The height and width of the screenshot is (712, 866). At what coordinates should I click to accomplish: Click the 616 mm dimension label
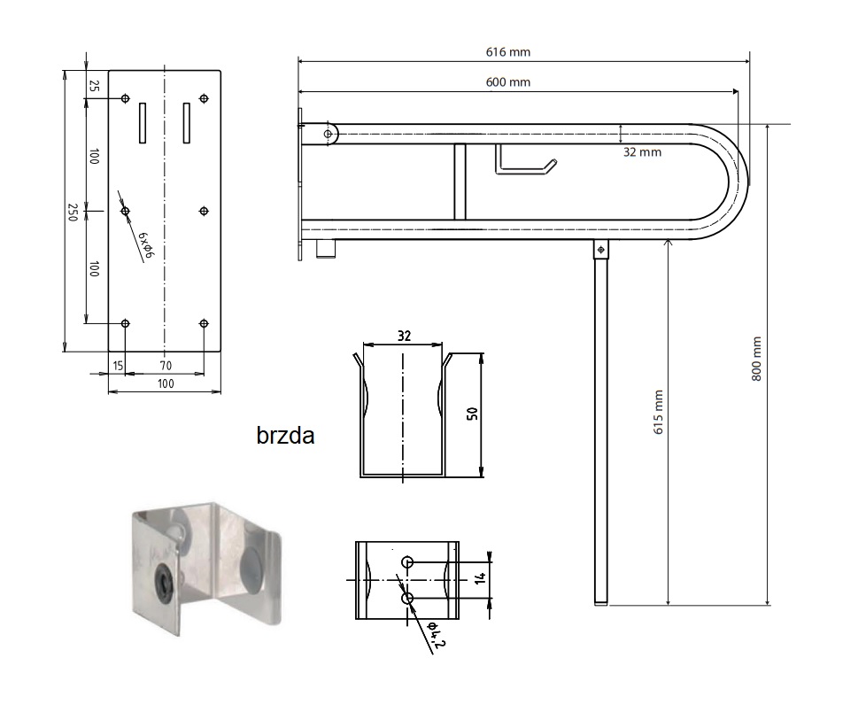[508, 52]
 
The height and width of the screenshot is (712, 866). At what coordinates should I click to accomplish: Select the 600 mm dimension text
[508, 82]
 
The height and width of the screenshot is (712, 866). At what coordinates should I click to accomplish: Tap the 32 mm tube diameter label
[642, 152]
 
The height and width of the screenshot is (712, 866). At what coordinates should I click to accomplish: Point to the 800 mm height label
[757, 359]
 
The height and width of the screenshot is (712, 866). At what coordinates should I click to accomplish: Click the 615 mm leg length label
[658, 412]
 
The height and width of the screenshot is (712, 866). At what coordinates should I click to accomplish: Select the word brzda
[285, 436]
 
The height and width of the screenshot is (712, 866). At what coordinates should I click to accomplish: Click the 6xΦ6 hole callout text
[146, 244]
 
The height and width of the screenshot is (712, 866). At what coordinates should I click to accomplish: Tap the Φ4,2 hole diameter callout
[437, 634]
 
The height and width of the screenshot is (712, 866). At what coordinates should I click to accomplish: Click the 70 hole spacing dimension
[166, 366]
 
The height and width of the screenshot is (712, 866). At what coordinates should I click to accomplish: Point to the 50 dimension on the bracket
[473, 414]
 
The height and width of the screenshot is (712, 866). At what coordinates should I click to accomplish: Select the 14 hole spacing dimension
[480, 578]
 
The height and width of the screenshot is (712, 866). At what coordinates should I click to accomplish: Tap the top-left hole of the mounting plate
[126, 99]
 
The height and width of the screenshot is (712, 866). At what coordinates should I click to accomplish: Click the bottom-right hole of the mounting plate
[204, 324]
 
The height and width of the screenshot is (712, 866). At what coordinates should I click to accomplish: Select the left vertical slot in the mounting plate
[143, 122]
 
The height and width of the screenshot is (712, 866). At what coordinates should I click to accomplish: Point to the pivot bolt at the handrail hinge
[328, 135]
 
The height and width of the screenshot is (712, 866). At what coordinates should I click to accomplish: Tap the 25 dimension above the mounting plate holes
[95, 86]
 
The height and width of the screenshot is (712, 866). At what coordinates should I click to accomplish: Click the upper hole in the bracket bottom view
[407, 562]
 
